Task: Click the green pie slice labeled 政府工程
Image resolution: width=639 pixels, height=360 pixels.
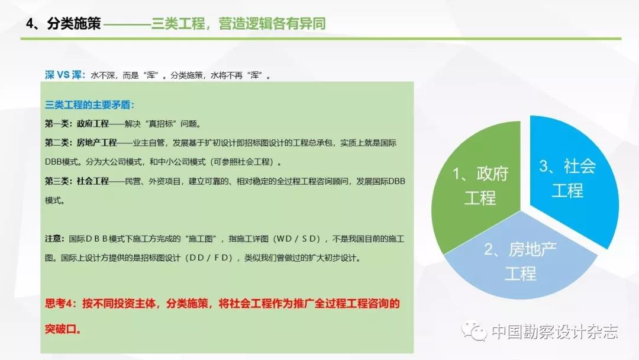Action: (477, 188)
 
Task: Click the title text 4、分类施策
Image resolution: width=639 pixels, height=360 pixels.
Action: (63, 23)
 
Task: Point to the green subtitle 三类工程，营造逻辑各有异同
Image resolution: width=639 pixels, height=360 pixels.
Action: (238, 23)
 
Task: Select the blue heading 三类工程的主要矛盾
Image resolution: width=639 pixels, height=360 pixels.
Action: (88, 105)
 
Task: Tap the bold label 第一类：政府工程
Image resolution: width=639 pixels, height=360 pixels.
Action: (77, 124)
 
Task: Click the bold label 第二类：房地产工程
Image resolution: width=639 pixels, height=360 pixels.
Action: (81, 143)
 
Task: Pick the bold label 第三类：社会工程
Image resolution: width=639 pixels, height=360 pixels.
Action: (77, 181)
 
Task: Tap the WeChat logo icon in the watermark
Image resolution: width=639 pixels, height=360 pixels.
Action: (474, 330)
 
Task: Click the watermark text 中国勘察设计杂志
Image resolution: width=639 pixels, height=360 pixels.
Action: (554, 332)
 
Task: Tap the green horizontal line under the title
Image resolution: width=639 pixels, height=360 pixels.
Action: (321, 38)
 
